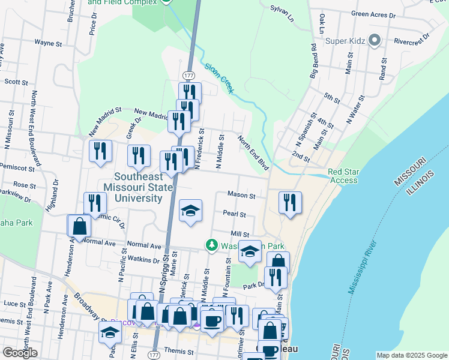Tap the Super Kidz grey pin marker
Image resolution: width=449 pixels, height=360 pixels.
[x=375, y=41]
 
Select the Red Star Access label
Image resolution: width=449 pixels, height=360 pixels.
[x=343, y=176]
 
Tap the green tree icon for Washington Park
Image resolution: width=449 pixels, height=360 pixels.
[x=211, y=245]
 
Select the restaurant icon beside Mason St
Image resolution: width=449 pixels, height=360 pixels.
[x=290, y=202]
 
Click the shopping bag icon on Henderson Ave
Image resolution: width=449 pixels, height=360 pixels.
[x=79, y=226]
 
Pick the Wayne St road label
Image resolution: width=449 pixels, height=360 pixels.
[x=48, y=43]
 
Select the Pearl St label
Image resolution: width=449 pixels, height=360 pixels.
[x=234, y=214]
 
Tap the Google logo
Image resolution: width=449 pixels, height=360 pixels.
[x=20, y=353]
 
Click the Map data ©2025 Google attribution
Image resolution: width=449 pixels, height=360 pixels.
[x=412, y=355]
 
